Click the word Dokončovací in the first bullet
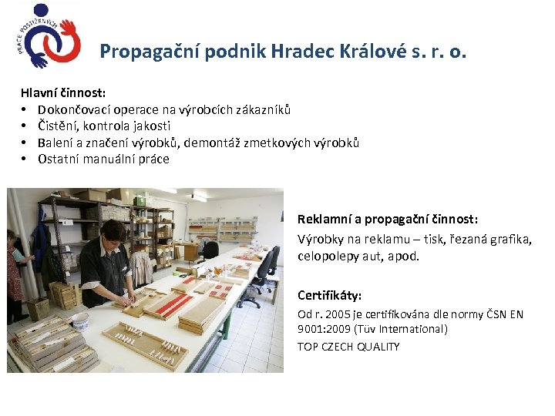[75, 109]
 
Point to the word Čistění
[57, 126]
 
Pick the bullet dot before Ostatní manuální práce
[25, 159]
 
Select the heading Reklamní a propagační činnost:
[388, 220]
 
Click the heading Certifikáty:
[329, 295]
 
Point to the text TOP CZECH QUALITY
[348, 347]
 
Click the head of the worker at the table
[114, 230]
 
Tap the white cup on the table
[80, 320]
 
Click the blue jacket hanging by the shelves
[40, 246]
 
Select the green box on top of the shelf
[140, 200]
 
